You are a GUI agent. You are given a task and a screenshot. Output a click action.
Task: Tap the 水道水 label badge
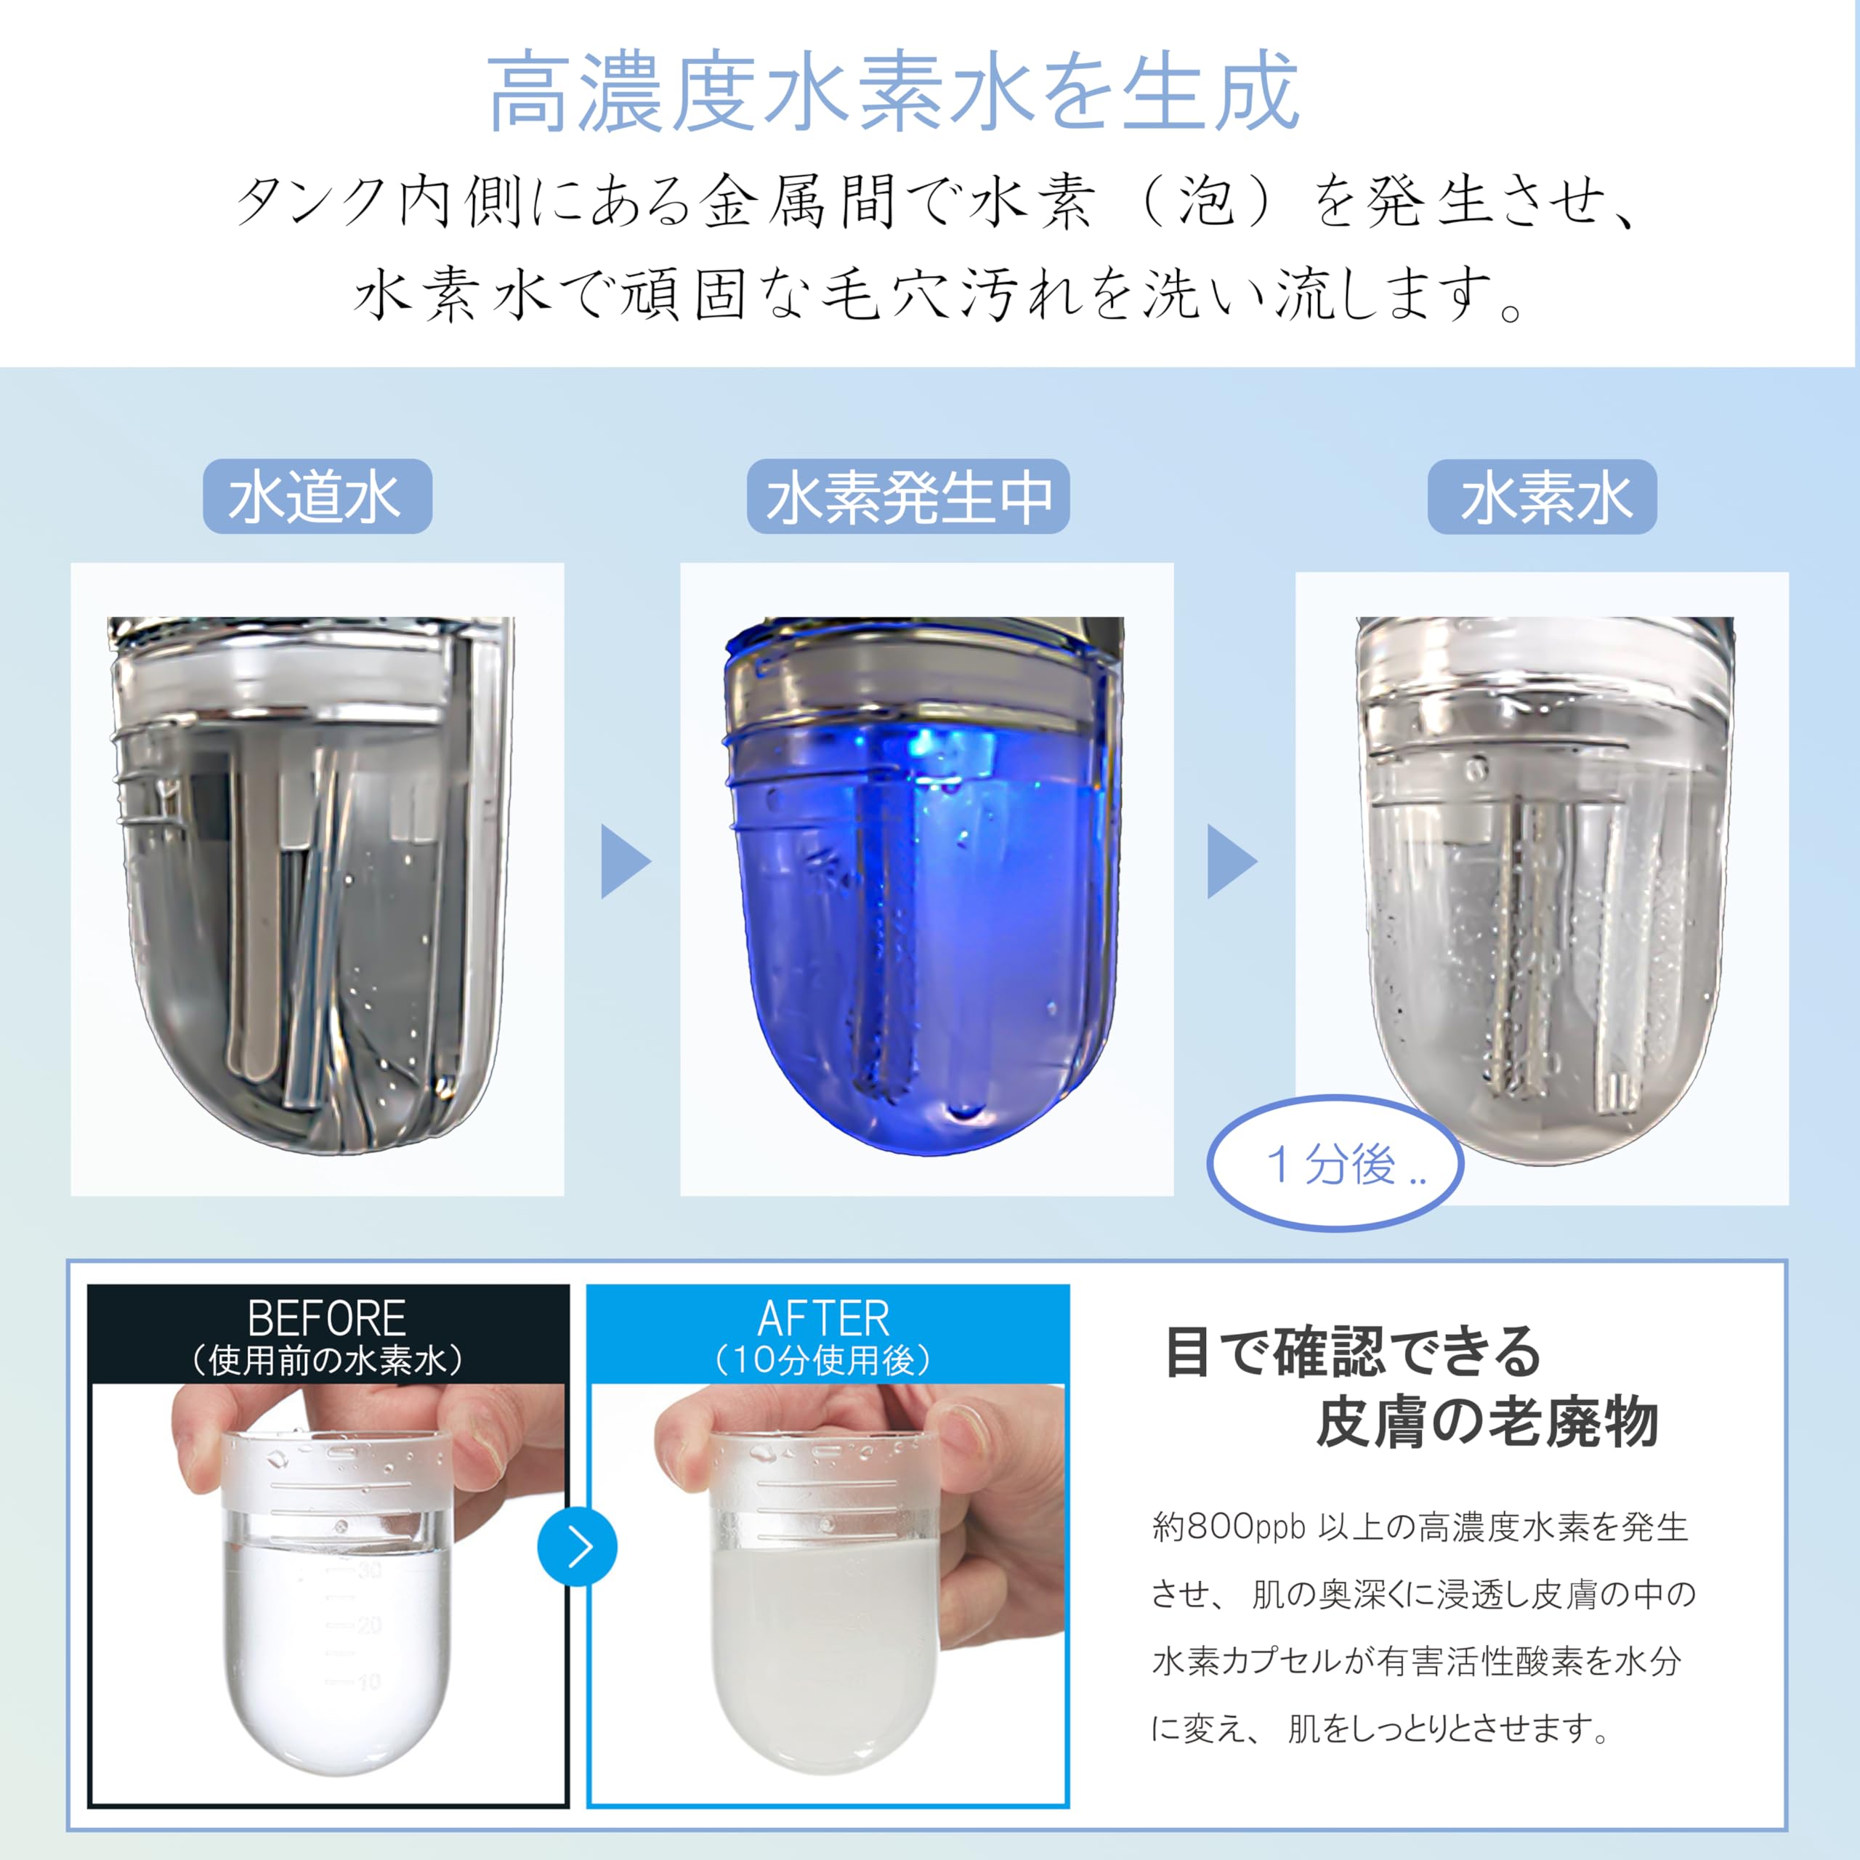(x=317, y=497)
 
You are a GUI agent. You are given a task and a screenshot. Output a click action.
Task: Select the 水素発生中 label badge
(x=908, y=497)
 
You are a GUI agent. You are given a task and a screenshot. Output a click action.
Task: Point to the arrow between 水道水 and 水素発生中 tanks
(x=626, y=861)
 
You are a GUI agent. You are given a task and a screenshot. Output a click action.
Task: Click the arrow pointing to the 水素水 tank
(x=1232, y=861)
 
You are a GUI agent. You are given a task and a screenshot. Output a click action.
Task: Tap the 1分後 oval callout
(x=1335, y=1163)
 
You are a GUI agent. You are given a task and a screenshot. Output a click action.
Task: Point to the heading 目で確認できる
(x=1353, y=1351)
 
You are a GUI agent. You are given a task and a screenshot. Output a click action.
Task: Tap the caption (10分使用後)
(x=823, y=1359)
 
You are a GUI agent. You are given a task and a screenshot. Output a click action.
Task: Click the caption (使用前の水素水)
(x=328, y=1359)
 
